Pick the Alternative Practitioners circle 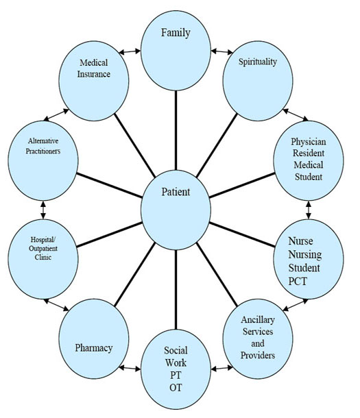[43, 154]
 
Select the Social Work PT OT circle [176, 370]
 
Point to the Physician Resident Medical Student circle [308, 158]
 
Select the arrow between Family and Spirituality [219, 51]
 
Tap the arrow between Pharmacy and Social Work [130, 369]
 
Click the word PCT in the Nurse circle [302, 280]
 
